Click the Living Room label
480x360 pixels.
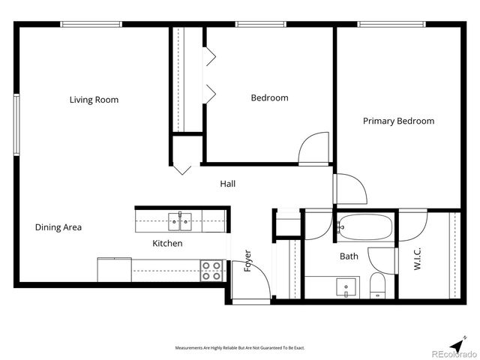point(94,100)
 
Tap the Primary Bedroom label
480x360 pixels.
point(398,121)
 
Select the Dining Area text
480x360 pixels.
point(58,227)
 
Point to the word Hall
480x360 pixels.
point(228,184)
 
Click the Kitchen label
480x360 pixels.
point(167,244)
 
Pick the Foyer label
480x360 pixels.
point(248,260)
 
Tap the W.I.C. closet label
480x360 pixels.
point(418,259)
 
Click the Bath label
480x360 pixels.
point(349,256)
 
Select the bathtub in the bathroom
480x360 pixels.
point(364,225)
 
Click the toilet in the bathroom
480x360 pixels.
point(377,284)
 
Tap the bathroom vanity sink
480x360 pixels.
point(346,286)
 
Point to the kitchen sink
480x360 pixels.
point(180,220)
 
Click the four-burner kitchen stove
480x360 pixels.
point(211,271)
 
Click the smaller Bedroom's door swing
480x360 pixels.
point(314,148)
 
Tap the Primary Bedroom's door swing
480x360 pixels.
point(350,189)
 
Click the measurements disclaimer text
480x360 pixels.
point(239,348)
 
